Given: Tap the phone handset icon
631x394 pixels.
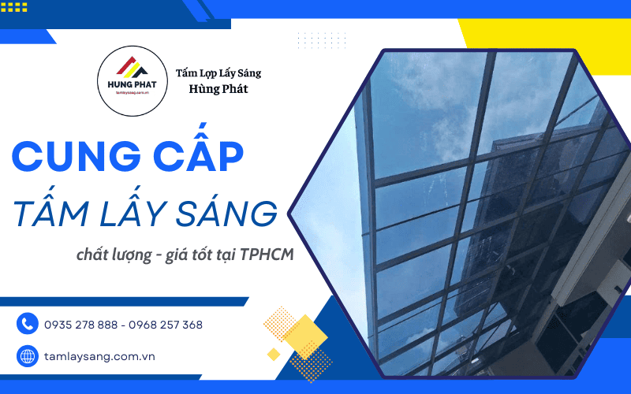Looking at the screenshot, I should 28,324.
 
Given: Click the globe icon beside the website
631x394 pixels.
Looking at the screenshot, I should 28,356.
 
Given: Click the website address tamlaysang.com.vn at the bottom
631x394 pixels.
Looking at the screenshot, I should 99,356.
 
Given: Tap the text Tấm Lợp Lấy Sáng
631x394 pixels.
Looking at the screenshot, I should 218,73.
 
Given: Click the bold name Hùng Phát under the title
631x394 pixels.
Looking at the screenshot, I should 218,89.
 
